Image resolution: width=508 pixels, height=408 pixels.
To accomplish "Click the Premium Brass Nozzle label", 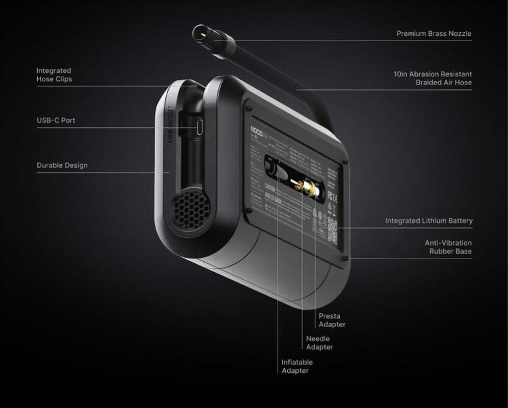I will pos(434,34).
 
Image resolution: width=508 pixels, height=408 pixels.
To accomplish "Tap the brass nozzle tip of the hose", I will pos(200,33).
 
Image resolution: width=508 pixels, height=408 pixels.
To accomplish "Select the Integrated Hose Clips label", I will pos(54,75).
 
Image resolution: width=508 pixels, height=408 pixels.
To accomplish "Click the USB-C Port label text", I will pos(56,120).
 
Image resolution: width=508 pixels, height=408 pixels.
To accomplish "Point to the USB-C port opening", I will pos(198,127).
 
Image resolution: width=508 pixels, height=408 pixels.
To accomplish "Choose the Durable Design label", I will pos(62,166).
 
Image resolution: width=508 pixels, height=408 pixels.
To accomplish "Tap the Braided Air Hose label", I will pos(433,78).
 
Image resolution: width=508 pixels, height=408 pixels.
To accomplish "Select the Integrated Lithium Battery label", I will pos(429,221).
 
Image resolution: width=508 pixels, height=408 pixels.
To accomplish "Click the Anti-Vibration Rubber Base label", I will pos(448,247).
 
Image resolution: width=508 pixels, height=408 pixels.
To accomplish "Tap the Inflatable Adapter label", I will pos(297,366).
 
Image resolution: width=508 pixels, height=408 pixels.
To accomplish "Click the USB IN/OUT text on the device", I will pos(170,124).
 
